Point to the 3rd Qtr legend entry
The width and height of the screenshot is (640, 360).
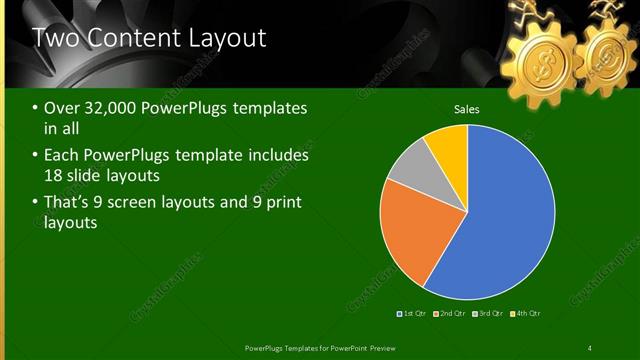pyautogui.click(x=488, y=314)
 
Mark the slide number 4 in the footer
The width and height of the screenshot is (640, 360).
pyautogui.click(x=590, y=347)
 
